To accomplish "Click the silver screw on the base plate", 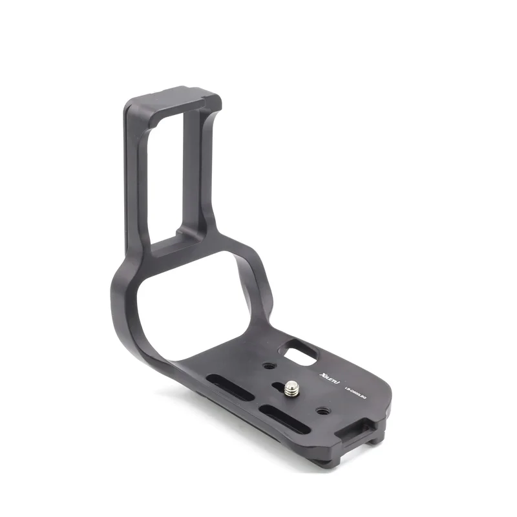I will (x=292, y=388).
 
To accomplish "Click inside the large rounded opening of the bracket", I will (x=194, y=304).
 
